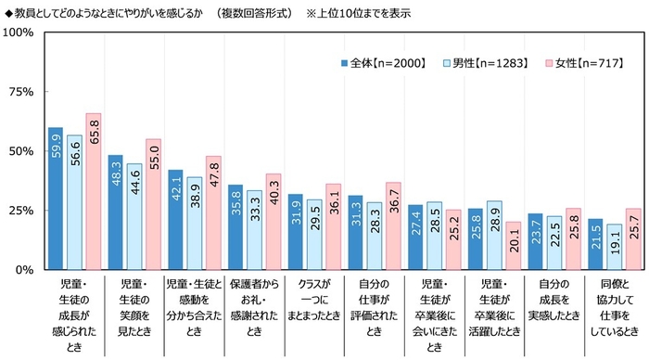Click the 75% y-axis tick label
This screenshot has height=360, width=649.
(x=21, y=92)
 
